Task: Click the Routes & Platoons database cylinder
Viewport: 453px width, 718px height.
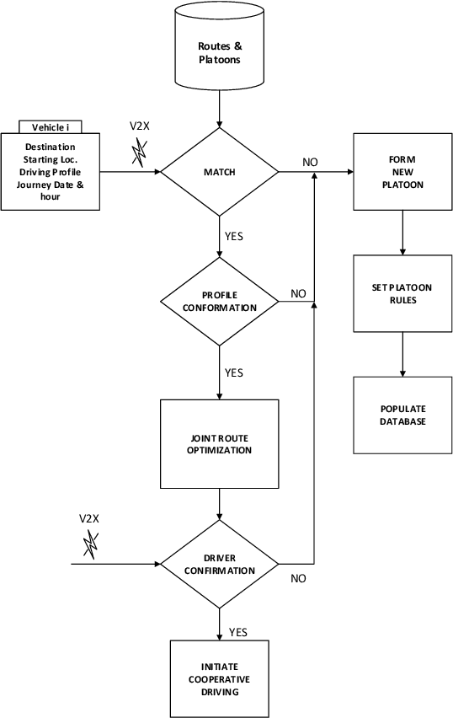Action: (219, 51)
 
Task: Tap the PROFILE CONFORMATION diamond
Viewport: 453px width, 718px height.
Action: (219, 301)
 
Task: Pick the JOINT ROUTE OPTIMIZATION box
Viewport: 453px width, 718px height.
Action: (219, 444)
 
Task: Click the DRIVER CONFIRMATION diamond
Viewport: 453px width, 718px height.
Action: (219, 564)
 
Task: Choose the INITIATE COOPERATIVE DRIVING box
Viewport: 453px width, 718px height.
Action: (219, 679)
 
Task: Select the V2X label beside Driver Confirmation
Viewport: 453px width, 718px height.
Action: (88, 517)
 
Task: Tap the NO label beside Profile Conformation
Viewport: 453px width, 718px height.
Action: (298, 293)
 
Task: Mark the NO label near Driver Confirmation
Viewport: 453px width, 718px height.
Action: (298, 579)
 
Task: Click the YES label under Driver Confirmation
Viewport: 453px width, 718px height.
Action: (238, 632)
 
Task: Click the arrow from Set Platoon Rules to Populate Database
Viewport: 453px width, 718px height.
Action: (403, 354)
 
